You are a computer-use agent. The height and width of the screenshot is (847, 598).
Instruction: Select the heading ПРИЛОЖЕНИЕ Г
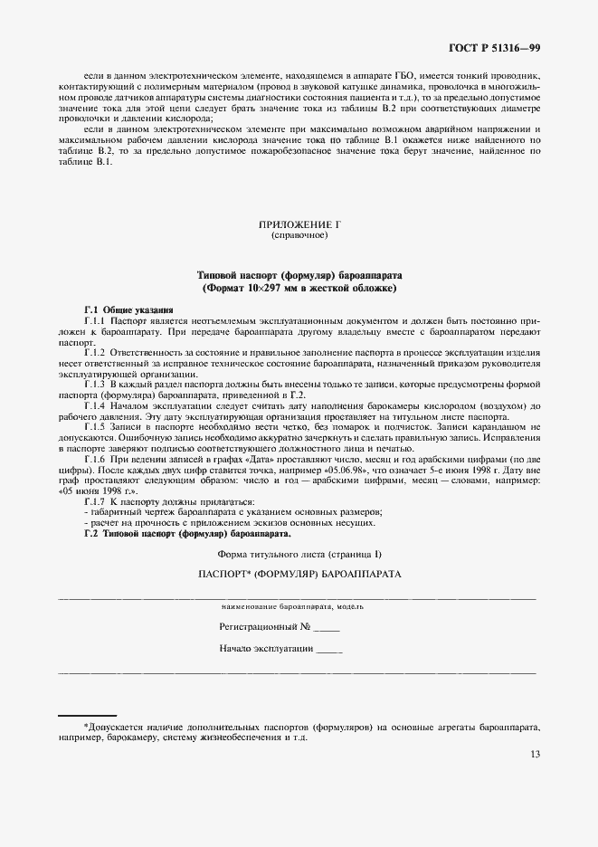(299, 224)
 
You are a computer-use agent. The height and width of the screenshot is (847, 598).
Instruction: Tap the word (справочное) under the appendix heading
(299, 235)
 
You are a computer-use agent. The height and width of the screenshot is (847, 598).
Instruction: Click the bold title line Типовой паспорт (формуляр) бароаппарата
(299, 274)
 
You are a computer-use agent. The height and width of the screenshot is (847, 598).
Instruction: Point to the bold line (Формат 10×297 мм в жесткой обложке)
(299, 287)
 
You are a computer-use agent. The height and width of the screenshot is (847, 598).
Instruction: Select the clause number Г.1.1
(95, 321)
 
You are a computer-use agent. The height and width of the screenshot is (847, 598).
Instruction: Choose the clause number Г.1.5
(95, 426)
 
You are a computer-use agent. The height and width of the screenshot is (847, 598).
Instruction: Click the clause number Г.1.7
(95, 500)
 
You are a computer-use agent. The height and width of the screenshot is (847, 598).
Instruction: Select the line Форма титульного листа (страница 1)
(300, 553)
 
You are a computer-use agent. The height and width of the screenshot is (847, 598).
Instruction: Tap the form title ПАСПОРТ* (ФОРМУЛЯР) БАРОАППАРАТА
(300, 575)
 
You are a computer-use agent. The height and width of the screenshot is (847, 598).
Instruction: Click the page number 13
(535, 755)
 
